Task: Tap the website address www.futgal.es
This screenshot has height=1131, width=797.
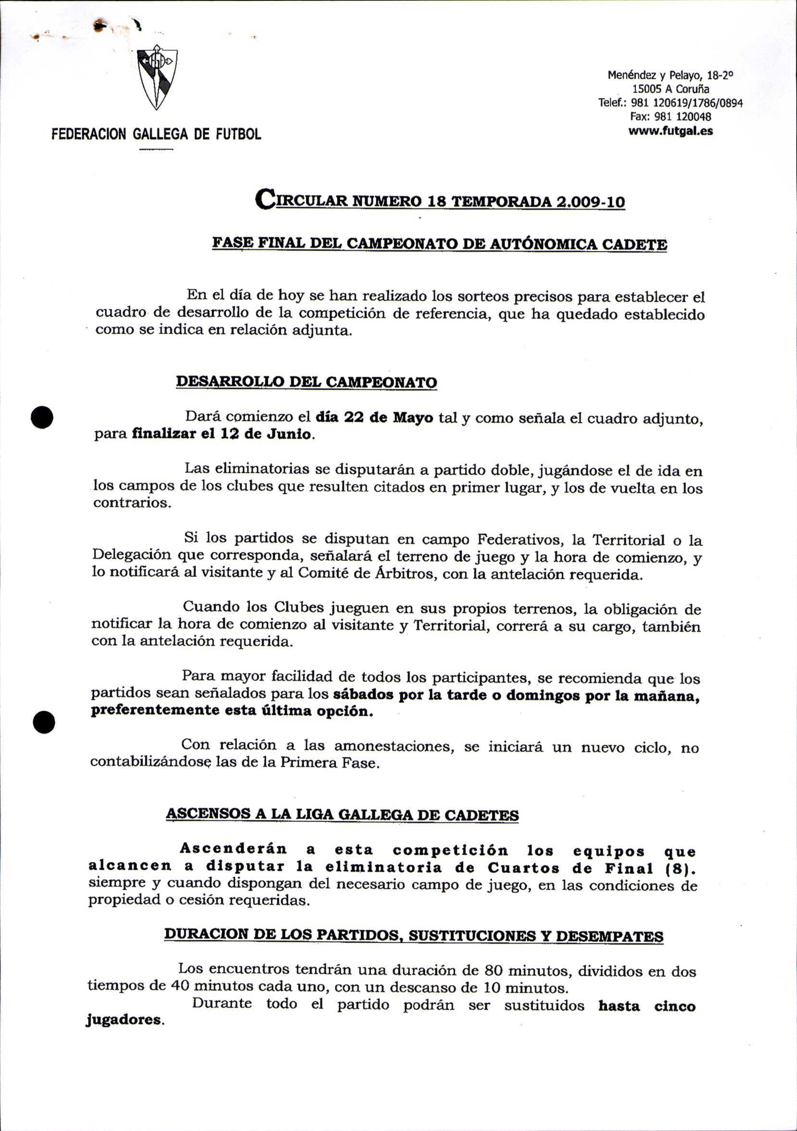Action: (x=670, y=131)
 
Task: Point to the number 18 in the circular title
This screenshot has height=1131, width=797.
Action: (x=436, y=201)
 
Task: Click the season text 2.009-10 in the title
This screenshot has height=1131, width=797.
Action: (x=590, y=201)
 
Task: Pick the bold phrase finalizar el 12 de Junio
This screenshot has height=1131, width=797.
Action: (x=222, y=434)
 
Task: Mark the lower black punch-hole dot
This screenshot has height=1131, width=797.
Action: (x=43, y=723)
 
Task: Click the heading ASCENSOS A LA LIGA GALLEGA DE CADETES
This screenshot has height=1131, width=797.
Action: (x=342, y=814)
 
